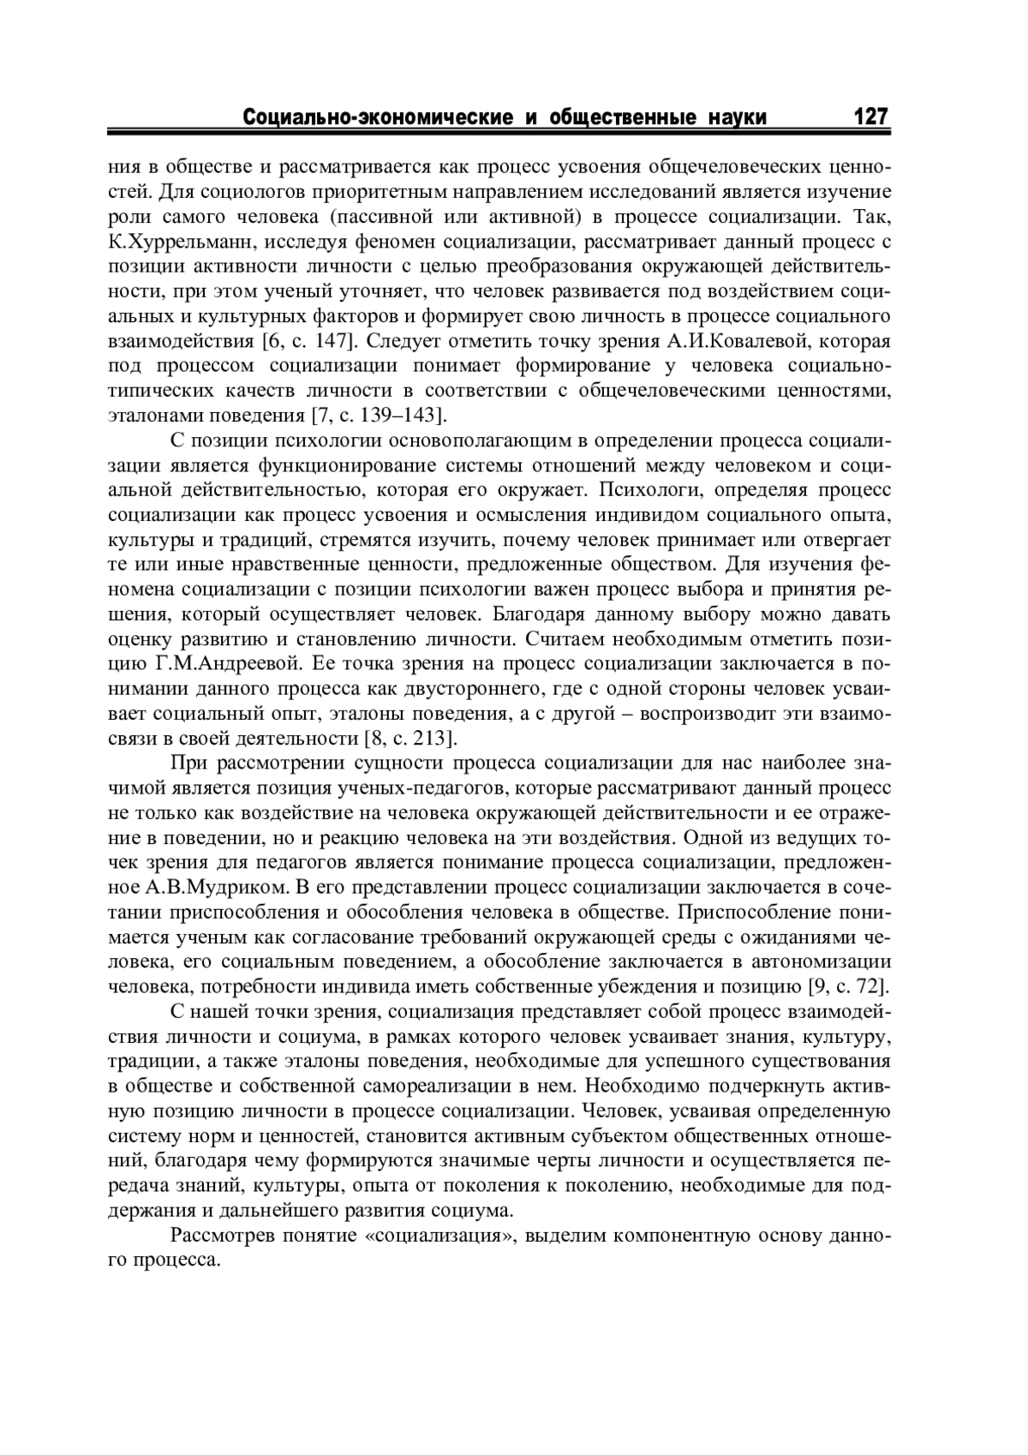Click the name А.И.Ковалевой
[733, 341]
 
